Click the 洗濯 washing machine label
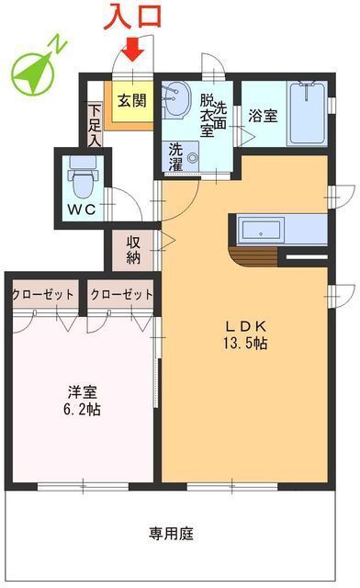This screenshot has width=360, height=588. tap(175, 158)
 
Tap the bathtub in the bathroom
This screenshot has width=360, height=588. tap(307, 114)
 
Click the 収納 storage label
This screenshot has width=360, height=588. tap(134, 248)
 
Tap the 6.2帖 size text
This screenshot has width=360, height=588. tap(78, 408)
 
